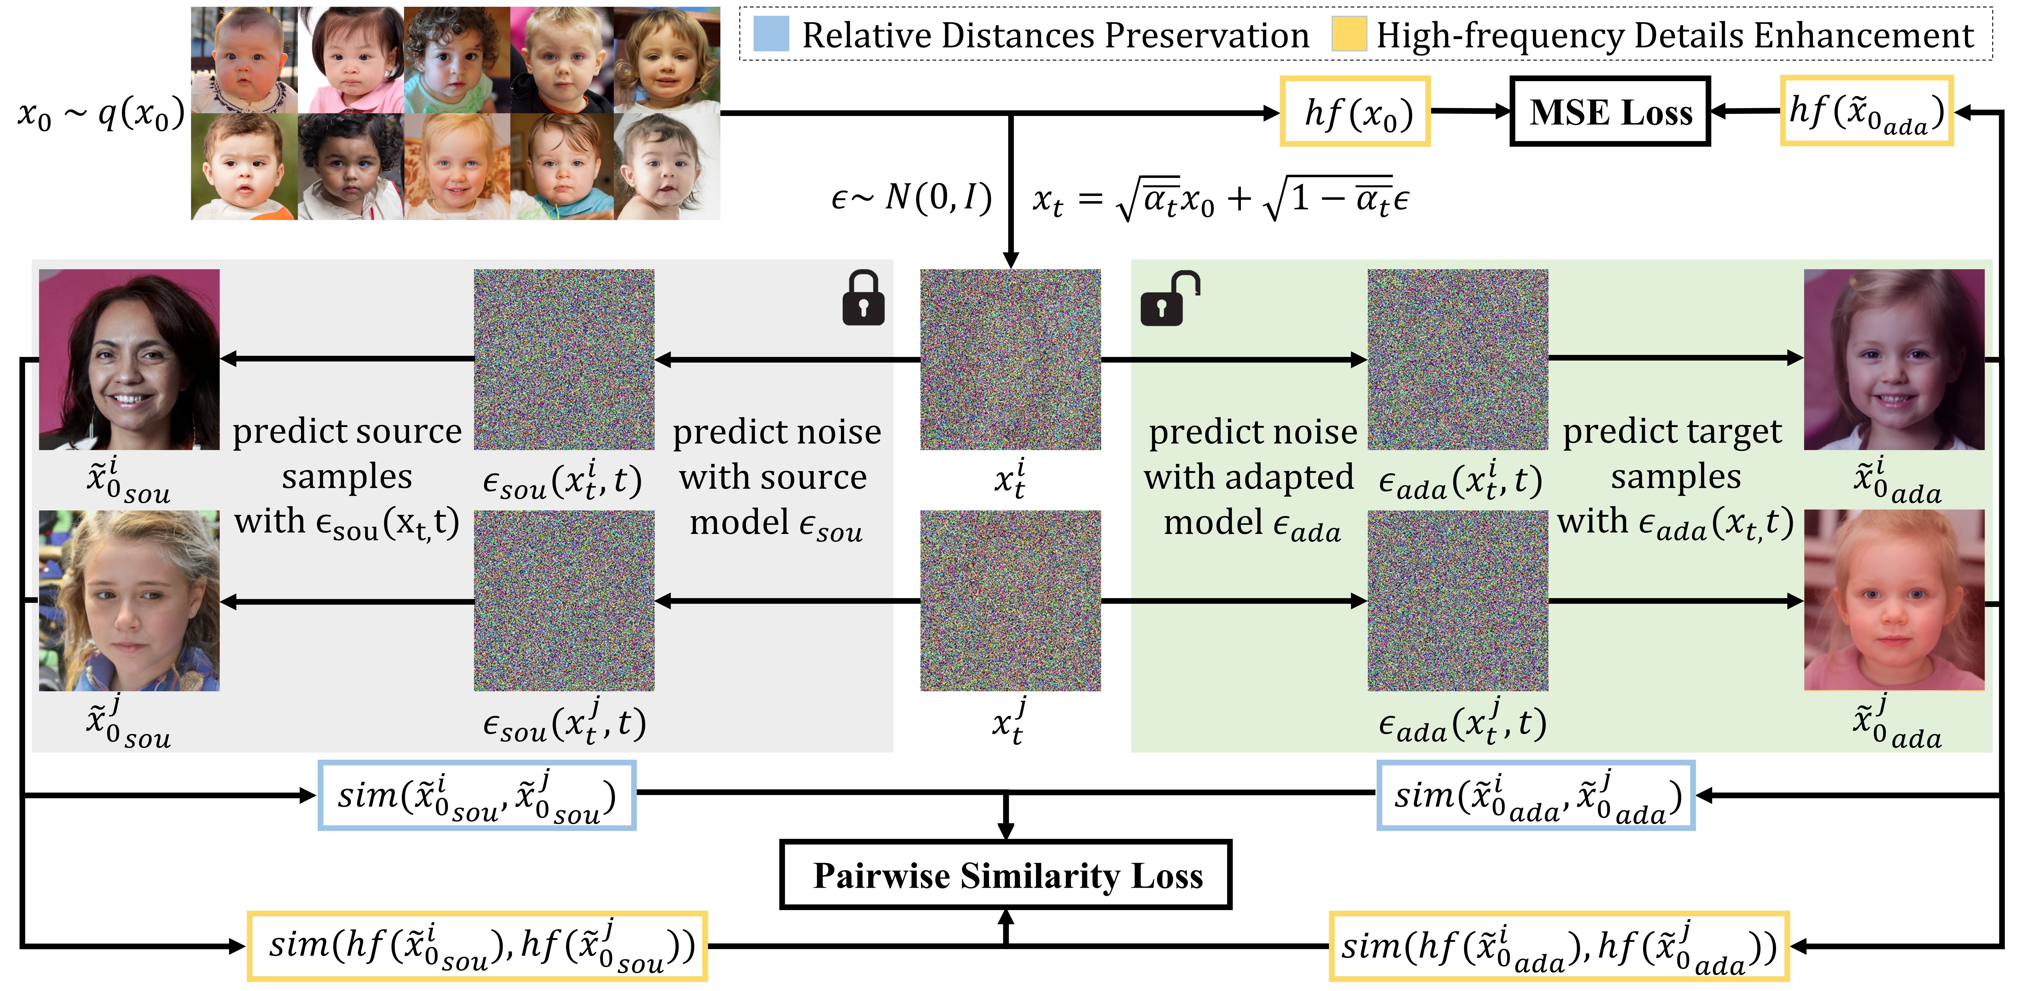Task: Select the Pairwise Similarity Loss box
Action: (x=1006, y=875)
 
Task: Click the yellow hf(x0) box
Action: (x=1355, y=111)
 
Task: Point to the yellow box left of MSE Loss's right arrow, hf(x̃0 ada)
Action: (x=1866, y=111)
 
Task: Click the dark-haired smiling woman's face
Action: (x=129, y=359)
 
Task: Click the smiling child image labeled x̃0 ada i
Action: (x=1894, y=359)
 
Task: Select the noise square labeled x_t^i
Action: (x=1010, y=359)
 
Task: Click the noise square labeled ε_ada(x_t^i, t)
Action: (x=1458, y=359)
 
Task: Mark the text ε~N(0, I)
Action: (x=911, y=198)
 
